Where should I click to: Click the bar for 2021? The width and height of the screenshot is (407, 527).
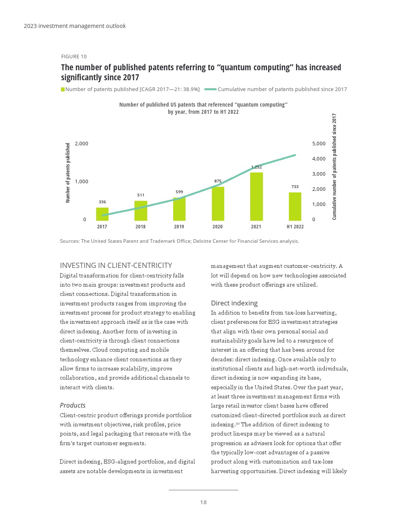(256, 196)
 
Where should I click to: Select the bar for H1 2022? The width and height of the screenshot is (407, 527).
(295, 206)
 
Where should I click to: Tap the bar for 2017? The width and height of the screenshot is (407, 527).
(102, 214)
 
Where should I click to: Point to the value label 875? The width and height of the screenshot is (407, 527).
(217, 181)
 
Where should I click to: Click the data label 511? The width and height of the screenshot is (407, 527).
(140, 195)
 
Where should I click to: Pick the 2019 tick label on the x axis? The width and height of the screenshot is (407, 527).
(179, 227)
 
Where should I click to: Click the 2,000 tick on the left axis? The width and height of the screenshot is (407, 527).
(81, 144)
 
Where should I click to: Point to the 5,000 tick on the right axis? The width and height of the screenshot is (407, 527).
(318, 144)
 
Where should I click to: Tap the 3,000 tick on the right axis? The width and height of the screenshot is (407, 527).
(318, 174)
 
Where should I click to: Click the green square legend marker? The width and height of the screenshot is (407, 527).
(63, 89)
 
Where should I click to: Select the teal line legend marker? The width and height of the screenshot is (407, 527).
(210, 89)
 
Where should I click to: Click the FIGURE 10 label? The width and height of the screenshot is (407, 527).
(74, 57)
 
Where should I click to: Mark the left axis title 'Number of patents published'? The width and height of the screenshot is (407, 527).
(68, 173)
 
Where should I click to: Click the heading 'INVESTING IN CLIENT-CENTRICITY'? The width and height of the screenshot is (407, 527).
(116, 265)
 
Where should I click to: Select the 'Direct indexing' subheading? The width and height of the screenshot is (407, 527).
(234, 303)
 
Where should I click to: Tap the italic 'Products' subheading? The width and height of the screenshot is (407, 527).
(73, 406)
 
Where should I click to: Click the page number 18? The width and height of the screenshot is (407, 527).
(203, 502)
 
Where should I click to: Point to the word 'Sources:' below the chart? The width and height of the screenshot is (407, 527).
(69, 241)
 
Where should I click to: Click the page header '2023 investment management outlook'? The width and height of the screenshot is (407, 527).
(75, 26)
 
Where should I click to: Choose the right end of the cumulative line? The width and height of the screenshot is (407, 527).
(295, 155)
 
